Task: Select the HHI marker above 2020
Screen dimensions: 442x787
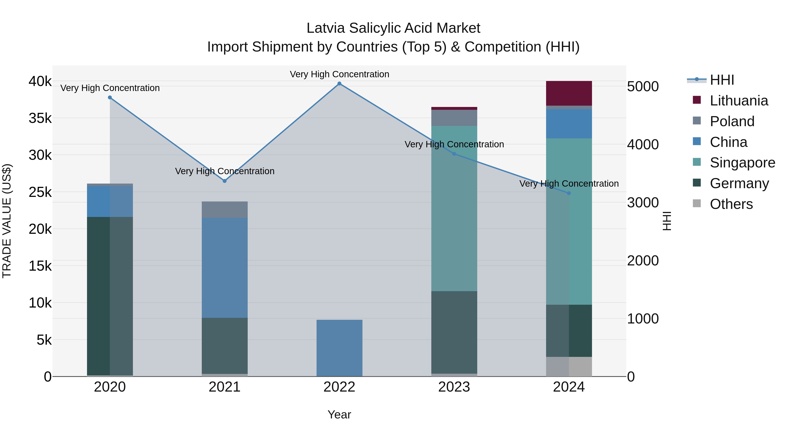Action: (110, 98)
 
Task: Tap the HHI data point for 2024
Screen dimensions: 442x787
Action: (569, 193)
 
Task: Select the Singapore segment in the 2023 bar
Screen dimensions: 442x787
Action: (454, 209)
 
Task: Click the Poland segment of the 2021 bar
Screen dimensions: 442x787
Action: (225, 210)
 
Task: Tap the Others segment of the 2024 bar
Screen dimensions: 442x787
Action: (569, 367)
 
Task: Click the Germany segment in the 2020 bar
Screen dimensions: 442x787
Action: (110, 296)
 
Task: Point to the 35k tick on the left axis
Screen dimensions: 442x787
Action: (40, 118)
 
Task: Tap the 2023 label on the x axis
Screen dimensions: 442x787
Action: (454, 387)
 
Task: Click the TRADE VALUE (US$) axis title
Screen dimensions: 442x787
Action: (7, 221)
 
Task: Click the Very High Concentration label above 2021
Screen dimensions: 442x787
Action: (225, 171)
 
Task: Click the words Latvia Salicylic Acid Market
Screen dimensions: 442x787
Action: (393, 28)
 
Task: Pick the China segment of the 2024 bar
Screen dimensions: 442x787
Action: (569, 124)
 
